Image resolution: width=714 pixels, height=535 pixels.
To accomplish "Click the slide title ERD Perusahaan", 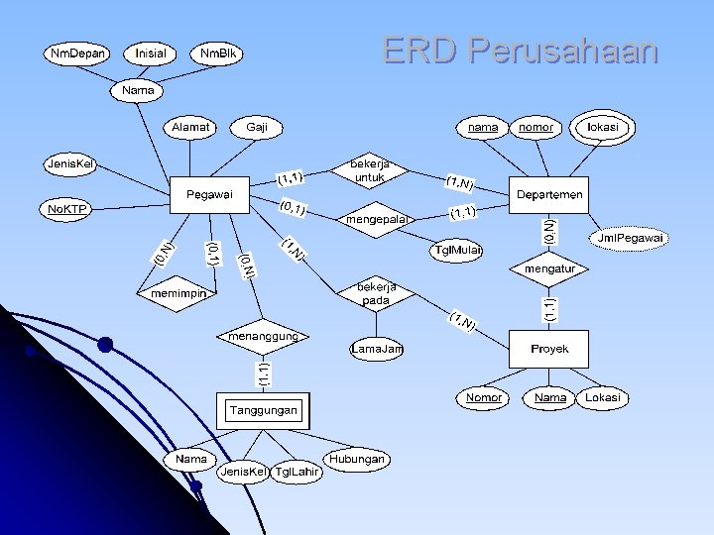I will pyautogui.click(x=520, y=50).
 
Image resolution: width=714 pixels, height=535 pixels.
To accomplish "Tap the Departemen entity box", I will pyautogui.click(x=549, y=194).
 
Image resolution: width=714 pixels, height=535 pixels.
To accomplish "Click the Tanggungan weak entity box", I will pyautogui.click(x=263, y=410).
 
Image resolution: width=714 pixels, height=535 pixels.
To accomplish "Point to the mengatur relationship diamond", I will pyautogui.click(x=548, y=268).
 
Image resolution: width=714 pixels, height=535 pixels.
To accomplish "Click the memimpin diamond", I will pyautogui.click(x=178, y=294).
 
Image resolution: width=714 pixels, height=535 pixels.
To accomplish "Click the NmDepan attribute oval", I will pyautogui.click(x=78, y=52).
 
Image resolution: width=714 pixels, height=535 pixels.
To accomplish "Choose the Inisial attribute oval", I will pyautogui.click(x=151, y=52).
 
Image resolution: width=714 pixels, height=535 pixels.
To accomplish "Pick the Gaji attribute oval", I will pyautogui.click(x=257, y=128).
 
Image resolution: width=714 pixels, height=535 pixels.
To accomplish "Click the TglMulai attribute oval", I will pyautogui.click(x=458, y=250).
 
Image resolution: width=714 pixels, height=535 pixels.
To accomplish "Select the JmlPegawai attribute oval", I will pyautogui.click(x=630, y=238).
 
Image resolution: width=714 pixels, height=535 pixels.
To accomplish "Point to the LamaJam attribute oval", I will pyautogui.click(x=378, y=349).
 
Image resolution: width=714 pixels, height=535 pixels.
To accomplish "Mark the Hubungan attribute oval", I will pyautogui.click(x=356, y=460).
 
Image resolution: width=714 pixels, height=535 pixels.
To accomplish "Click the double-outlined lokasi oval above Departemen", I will pyautogui.click(x=603, y=128).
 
